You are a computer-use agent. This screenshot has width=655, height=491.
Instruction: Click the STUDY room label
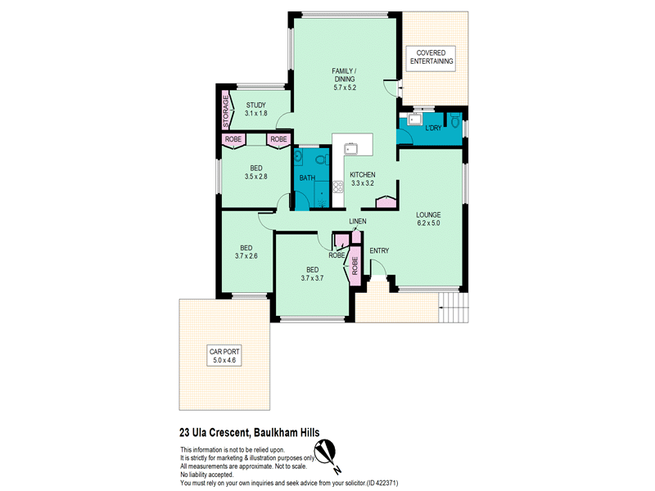[x=255, y=106]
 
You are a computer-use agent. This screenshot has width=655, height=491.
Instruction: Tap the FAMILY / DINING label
[x=345, y=74]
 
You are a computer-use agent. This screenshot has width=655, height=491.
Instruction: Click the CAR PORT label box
[x=224, y=355]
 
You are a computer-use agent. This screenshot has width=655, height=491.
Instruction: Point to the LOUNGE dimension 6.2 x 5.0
[x=428, y=223]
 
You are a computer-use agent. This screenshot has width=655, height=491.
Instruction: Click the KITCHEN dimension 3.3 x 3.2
[x=363, y=182]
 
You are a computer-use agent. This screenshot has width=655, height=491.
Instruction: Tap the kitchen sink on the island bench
[x=350, y=149]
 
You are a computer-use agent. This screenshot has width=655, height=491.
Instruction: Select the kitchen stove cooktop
[x=338, y=187]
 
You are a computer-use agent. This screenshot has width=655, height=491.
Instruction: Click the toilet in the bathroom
[x=321, y=160]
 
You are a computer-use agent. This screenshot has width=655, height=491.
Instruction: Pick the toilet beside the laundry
[x=455, y=121]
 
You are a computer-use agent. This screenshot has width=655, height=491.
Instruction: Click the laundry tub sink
[x=414, y=119]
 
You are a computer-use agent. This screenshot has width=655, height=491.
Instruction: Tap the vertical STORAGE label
[x=226, y=111]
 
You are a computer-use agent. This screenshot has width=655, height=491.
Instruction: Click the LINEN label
[x=358, y=221]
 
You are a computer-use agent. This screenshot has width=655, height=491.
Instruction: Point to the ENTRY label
[x=379, y=250]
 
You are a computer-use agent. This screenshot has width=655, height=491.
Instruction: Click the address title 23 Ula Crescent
[x=214, y=433]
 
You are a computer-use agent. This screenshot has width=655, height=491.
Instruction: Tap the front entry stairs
[x=454, y=307]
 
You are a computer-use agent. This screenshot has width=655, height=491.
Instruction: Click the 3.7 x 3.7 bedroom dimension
[x=312, y=278]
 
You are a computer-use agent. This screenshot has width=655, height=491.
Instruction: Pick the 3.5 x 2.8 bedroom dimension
[x=255, y=177]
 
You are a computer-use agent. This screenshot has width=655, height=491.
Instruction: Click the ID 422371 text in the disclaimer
[x=382, y=483]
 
